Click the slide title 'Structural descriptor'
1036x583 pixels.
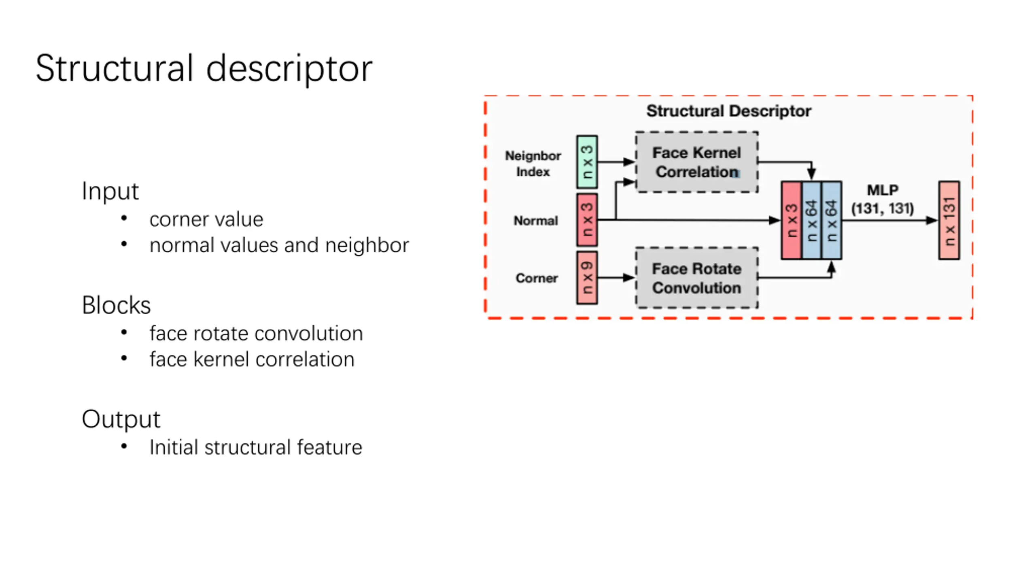pos(204,69)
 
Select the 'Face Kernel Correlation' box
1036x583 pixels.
pos(697,162)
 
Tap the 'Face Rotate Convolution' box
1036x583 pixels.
pos(697,278)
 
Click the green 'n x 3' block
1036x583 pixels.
pos(587,162)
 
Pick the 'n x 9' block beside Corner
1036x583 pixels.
pos(587,278)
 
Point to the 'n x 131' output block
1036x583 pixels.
pos(949,221)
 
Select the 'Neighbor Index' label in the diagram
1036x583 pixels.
pos(533,164)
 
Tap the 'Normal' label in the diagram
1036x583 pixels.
pos(536,221)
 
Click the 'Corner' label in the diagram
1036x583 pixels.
pos(537,278)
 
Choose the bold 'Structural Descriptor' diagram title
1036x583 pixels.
pos(728,111)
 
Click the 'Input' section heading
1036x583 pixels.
pos(110,191)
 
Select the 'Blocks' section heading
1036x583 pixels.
pos(116,305)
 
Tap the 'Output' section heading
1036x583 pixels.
pos(121,419)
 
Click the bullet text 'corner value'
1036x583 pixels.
pos(206,219)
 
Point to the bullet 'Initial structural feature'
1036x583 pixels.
pos(256,447)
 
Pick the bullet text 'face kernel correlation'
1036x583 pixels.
pos(252,360)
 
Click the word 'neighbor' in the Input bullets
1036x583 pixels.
pos(367,245)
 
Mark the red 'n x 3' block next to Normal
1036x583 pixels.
pos(587,220)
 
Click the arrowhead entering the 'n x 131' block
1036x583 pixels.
pos(932,221)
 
